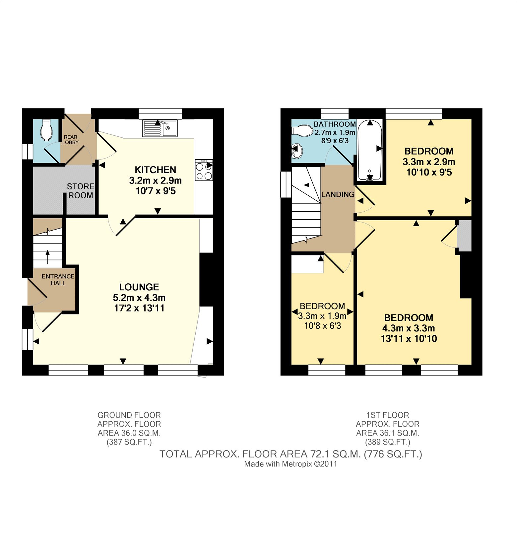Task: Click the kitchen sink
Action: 160,128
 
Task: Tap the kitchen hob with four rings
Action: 204,170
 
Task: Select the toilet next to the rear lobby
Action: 46,130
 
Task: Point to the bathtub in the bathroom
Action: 370,150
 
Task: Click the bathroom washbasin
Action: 297,152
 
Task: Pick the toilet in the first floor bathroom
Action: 302,130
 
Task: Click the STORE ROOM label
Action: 81,191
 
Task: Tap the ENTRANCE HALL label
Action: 58,280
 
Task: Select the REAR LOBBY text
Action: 71,139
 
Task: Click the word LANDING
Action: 338,194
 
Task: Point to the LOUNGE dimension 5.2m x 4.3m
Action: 139,298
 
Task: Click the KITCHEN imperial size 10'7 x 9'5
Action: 156,191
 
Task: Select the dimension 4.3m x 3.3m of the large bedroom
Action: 409,328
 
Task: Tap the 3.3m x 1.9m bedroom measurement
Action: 322,316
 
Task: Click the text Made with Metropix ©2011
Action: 291,464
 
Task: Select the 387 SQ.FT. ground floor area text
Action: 129,442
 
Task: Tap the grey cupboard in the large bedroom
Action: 464,235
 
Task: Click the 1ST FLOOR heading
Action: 387,415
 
